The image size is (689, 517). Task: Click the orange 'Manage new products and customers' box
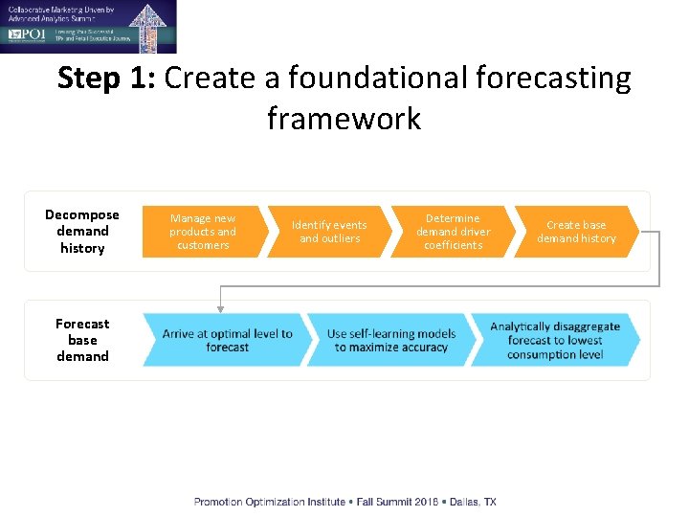click(202, 232)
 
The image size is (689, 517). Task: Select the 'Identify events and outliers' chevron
click(328, 232)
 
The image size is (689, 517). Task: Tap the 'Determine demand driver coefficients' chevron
click(453, 232)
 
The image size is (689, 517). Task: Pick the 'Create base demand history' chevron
click(576, 232)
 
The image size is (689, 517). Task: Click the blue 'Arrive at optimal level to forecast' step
click(226, 340)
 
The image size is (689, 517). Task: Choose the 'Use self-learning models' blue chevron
click(390, 340)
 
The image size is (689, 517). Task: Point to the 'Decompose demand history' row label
click(82, 232)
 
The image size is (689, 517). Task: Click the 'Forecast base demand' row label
click(82, 340)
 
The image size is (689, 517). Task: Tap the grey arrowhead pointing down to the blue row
click(221, 307)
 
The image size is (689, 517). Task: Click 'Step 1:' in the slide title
click(106, 78)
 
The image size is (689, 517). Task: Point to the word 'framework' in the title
click(344, 119)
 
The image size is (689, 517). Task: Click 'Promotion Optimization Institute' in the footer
click(263, 502)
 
